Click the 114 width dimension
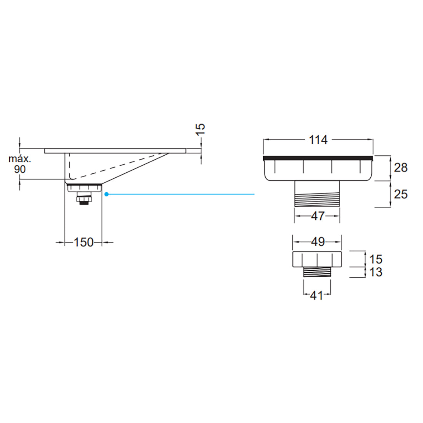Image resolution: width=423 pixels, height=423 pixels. pos(318,140)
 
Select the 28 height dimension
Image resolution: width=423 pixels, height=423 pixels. pos(400,168)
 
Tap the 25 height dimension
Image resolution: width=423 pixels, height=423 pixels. pos(400,194)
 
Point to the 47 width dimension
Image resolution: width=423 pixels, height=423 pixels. pos(317,216)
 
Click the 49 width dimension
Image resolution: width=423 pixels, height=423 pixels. pos(317,242)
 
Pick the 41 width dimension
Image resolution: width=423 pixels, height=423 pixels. pos(316,295)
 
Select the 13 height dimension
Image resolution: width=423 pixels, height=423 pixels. pos(376,272)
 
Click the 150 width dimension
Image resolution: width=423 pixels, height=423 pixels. pos(83,242)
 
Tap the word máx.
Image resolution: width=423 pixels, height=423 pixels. pos(20,159)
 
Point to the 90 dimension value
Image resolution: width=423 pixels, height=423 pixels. pos(20,169)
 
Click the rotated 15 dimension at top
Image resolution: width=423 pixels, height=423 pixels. pos(200,129)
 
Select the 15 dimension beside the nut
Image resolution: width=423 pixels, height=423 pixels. pos(376,259)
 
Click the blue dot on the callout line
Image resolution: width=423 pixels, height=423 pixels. pos(107,194)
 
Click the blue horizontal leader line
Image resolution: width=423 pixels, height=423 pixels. pos(181,194)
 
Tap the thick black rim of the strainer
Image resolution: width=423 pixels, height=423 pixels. pos(318,158)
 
